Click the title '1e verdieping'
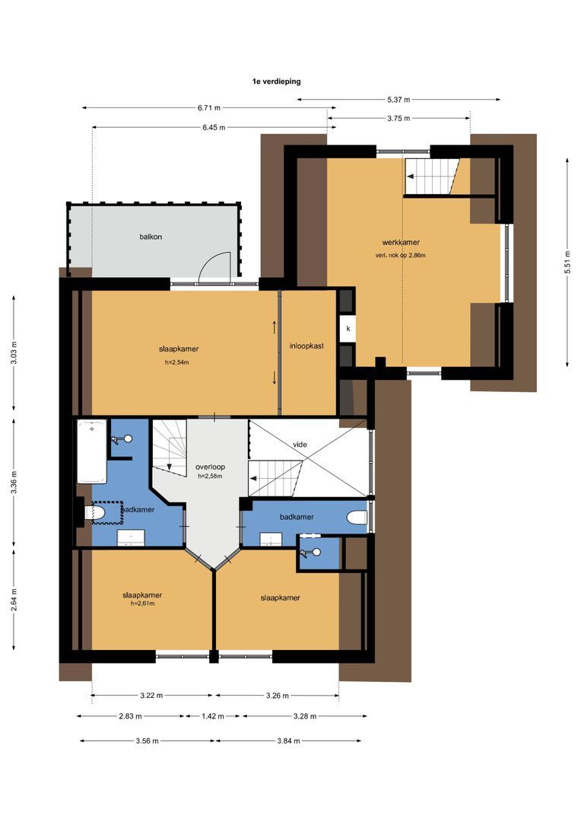[276, 80]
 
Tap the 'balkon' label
[151, 237]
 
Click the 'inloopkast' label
[306, 346]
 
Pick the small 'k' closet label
[348, 329]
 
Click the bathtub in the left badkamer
[91, 451]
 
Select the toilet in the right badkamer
[357, 518]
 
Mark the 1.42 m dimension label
[212, 715]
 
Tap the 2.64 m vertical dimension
[14, 599]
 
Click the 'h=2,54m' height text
[176, 362]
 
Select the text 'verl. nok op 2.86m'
[400, 255]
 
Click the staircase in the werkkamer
[431, 177]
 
